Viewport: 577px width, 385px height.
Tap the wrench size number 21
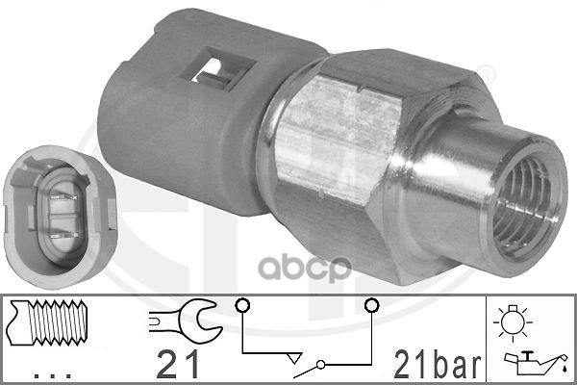[x=177, y=365]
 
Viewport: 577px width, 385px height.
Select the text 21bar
[x=438, y=365]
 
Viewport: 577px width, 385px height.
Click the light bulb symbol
[x=513, y=321]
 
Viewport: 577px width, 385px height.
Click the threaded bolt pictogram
[x=49, y=322]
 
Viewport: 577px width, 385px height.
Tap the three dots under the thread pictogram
[x=52, y=375]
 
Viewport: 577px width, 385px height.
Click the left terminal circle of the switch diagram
[x=242, y=305]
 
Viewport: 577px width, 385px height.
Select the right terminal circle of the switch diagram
[x=371, y=305]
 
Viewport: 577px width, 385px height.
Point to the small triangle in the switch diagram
[x=294, y=357]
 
